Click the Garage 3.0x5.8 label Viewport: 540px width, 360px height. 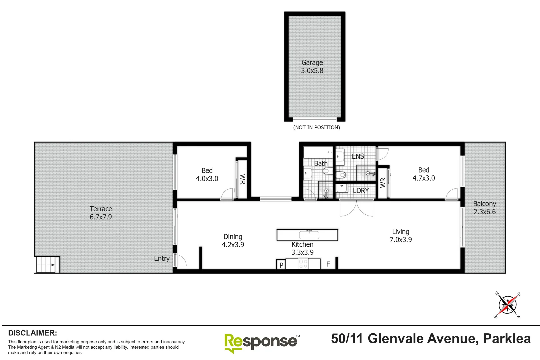pos(312,67)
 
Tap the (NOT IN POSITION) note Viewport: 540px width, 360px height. pos(316,127)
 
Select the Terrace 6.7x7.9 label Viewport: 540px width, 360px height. pos(101,213)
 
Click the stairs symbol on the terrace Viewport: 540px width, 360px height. pos(47,265)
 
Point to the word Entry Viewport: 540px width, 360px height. pos(162,259)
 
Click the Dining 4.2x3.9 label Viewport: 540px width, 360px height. pos(233,241)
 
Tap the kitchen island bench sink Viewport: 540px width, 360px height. pos(309,235)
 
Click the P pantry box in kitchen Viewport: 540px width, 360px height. pos(281,265)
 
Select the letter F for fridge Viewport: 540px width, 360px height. pos(328,264)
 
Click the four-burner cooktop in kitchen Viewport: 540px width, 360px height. pos(303,264)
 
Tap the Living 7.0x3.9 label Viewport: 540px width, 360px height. pos(401,236)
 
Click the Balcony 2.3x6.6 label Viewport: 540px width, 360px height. pos(485,208)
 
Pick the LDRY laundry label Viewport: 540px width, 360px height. pos(361,191)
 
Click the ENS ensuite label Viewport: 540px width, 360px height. pos(358,156)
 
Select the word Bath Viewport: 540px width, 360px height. pos(321,164)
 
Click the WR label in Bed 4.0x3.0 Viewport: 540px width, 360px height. pos(242,179)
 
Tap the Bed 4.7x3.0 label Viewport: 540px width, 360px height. pos(424,174)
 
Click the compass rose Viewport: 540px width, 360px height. pos(507,305)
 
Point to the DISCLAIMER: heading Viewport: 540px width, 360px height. pos(32,333)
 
